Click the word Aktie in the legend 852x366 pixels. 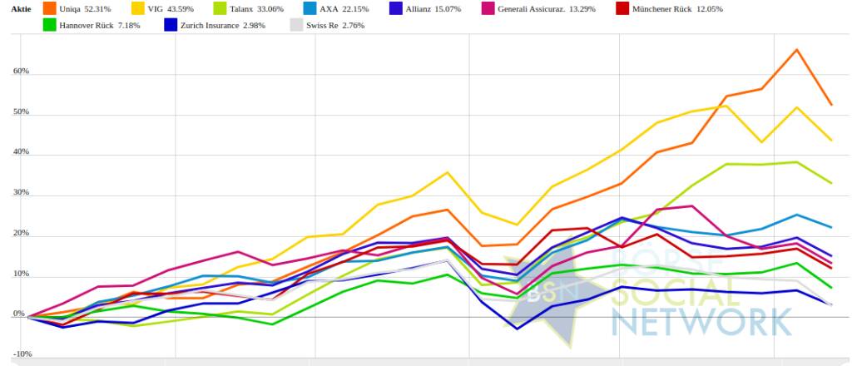point(20,8)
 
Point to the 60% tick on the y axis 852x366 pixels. point(20,72)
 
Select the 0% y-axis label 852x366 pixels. point(18,314)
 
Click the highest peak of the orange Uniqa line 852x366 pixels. point(797,50)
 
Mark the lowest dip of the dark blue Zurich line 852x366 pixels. point(518,329)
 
